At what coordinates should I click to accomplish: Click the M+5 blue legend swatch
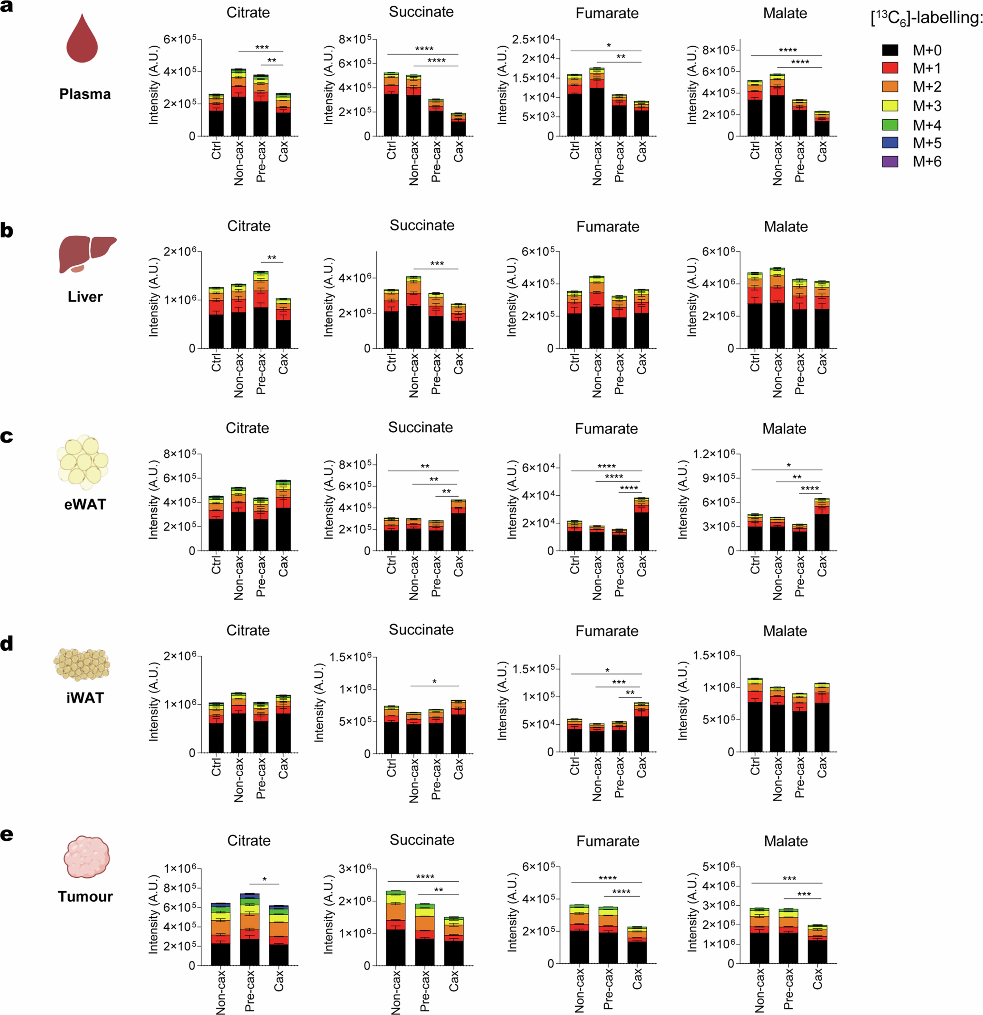click(890, 143)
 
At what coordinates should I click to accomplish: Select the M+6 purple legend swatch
click(890, 162)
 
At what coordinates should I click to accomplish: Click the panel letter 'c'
click(7, 437)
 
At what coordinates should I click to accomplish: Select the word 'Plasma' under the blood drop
click(85, 94)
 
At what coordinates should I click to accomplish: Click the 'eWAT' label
click(85, 504)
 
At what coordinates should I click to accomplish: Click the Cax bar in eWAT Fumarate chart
click(641, 524)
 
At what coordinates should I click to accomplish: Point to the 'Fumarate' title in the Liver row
click(608, 227)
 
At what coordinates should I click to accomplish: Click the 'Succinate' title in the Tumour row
click(422, 840)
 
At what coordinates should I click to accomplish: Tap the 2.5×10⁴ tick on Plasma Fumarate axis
click(533, 39)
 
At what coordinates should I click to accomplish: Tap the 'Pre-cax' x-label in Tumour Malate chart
click(788, 989)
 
